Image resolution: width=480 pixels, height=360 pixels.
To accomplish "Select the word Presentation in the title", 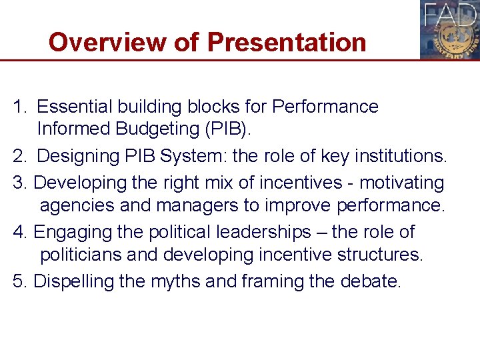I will pyautogui.click(x=287, y=42).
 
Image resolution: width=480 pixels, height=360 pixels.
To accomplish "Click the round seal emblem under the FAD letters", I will pyautogui.click(x=450, y=39).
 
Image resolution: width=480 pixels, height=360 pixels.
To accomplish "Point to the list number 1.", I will pyautogui.click(x=19, y=107).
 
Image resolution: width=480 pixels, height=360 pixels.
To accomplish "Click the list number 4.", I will pyautogui.click(x=19, y=232).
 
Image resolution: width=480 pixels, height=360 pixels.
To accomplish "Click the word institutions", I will pyautogui.click(x=399, y=157).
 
